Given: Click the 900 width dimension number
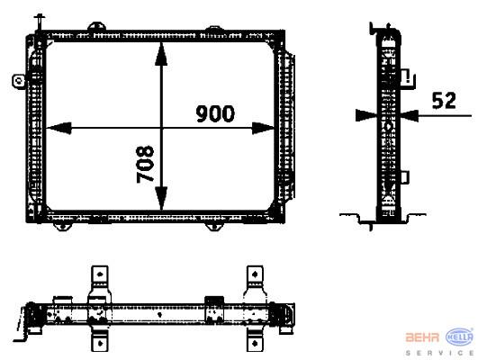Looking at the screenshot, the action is click(x=215, y=113).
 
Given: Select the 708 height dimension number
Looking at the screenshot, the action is click(x=145, y=164).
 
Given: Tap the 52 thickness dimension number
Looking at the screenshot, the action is click(x=444, y=100).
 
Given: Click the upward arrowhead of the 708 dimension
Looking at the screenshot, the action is click(x=161, y=54).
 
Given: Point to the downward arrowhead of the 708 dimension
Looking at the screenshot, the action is click(x=161, y=198).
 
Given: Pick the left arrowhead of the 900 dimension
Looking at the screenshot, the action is click(x=59, y=128).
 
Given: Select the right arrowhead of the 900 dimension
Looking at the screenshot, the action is click(x=263, y=128).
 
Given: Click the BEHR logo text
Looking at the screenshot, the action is click(x=422, y=337).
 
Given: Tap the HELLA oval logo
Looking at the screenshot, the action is click(x=460, y=337).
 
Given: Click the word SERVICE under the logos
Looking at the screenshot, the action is click(x=439, y=353).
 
